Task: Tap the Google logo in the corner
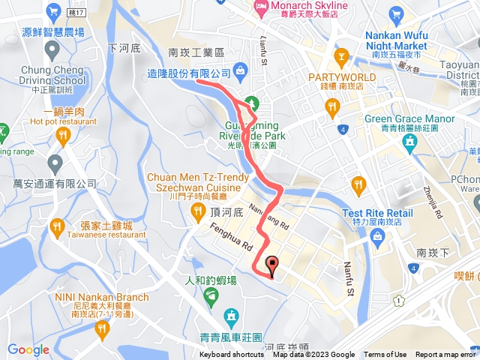point(28,349)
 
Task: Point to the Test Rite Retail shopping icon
point(377,237)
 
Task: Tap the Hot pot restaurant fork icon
point(62,135)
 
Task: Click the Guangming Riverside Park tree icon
point(252,102)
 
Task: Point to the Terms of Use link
point(385,355)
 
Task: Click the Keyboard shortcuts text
point(232,355)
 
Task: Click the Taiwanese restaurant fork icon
point(57,226)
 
